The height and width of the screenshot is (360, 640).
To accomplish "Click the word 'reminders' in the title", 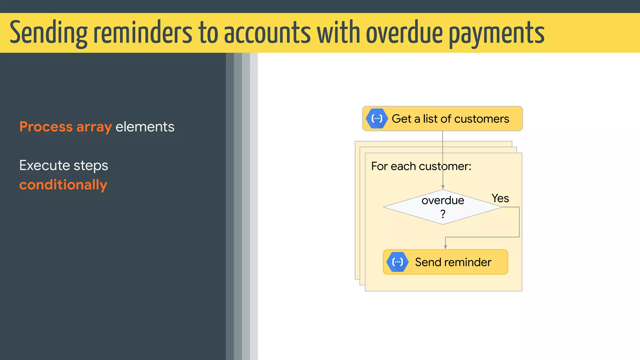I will (142, 33).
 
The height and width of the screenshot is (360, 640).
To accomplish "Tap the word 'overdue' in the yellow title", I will (404, 33).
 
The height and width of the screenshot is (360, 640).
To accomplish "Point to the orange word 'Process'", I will (46, 127).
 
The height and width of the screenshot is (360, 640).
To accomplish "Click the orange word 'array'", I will (94, 127).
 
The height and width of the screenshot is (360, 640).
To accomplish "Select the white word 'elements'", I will (145, 127).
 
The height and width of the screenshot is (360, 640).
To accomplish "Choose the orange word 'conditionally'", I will (63, 185).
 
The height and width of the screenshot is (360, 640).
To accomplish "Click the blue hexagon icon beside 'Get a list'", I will (377, 118).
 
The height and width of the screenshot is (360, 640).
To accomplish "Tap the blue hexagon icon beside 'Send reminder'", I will (397, 262).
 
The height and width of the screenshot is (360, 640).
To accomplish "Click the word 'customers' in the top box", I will (482, 119).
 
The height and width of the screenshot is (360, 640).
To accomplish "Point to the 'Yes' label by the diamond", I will (500, 198).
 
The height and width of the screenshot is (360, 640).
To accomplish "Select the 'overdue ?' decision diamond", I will (443, 207).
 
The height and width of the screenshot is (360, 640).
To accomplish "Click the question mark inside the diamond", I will (443, 214).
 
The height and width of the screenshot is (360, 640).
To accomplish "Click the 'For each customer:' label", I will (421, 166).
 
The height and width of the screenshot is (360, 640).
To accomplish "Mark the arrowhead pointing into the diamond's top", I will (443, 187).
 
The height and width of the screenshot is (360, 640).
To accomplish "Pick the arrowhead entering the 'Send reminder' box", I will (445, 247).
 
